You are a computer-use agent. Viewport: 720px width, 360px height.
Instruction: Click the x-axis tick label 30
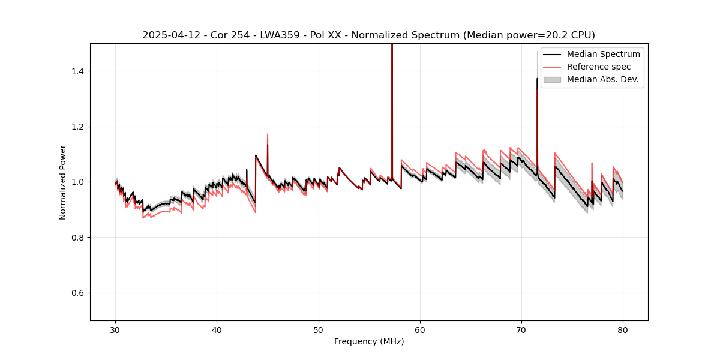(116, 330)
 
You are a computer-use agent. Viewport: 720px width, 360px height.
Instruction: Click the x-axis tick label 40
(217, 330)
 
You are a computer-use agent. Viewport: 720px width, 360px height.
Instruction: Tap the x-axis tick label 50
(319, 330)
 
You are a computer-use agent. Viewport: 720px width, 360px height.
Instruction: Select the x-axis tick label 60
(420, 330)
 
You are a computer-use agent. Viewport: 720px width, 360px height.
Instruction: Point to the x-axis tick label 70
(521, 330)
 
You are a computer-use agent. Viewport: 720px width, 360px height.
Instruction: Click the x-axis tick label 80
(623, 330)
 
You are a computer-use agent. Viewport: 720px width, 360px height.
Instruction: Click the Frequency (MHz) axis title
(369, 341)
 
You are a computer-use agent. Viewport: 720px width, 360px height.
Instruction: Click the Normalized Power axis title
(63, 182)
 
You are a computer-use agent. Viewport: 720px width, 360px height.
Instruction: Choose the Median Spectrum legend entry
(603, 54)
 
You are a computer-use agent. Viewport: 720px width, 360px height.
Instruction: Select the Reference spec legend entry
(600, 67)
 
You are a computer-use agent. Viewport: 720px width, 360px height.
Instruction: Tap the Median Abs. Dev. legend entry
(602, 79)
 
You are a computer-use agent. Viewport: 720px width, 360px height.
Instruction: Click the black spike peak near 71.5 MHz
(537, 79)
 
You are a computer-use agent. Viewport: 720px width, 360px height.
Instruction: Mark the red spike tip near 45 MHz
(268, 134)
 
